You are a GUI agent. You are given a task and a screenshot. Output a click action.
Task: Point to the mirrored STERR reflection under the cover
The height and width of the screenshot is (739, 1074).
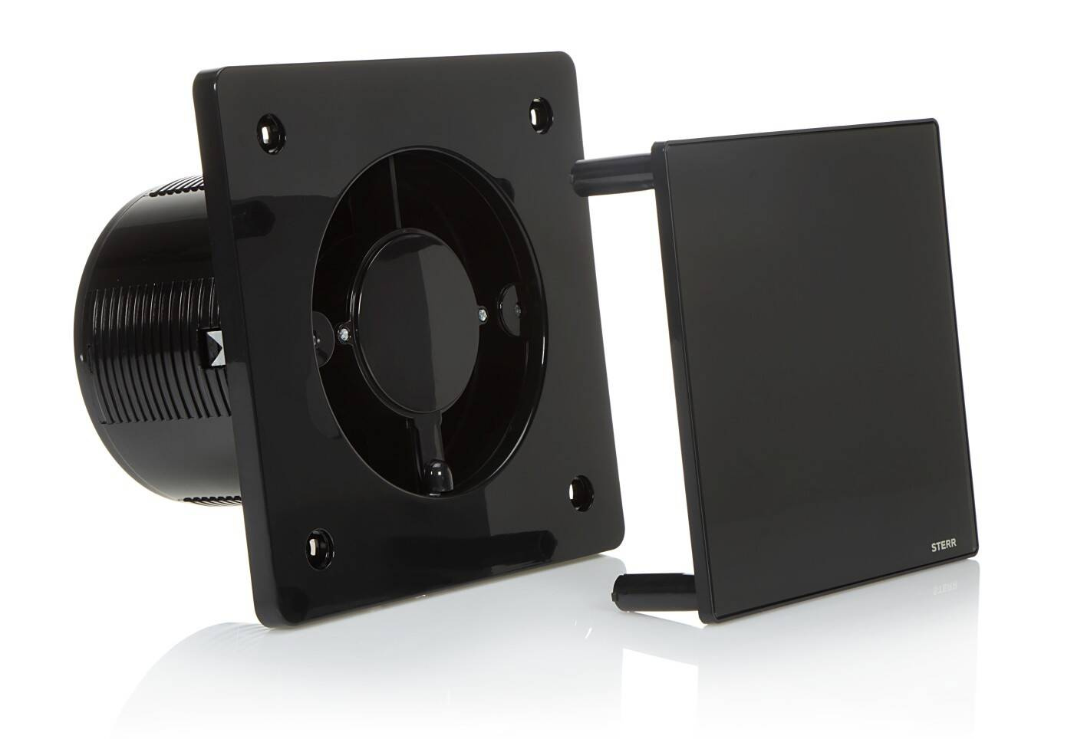(942, 585)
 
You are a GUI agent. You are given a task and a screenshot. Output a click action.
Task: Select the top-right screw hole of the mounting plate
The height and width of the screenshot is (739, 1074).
(540, 114)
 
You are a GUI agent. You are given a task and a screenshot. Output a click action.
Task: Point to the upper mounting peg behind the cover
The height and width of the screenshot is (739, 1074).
(612, 172)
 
